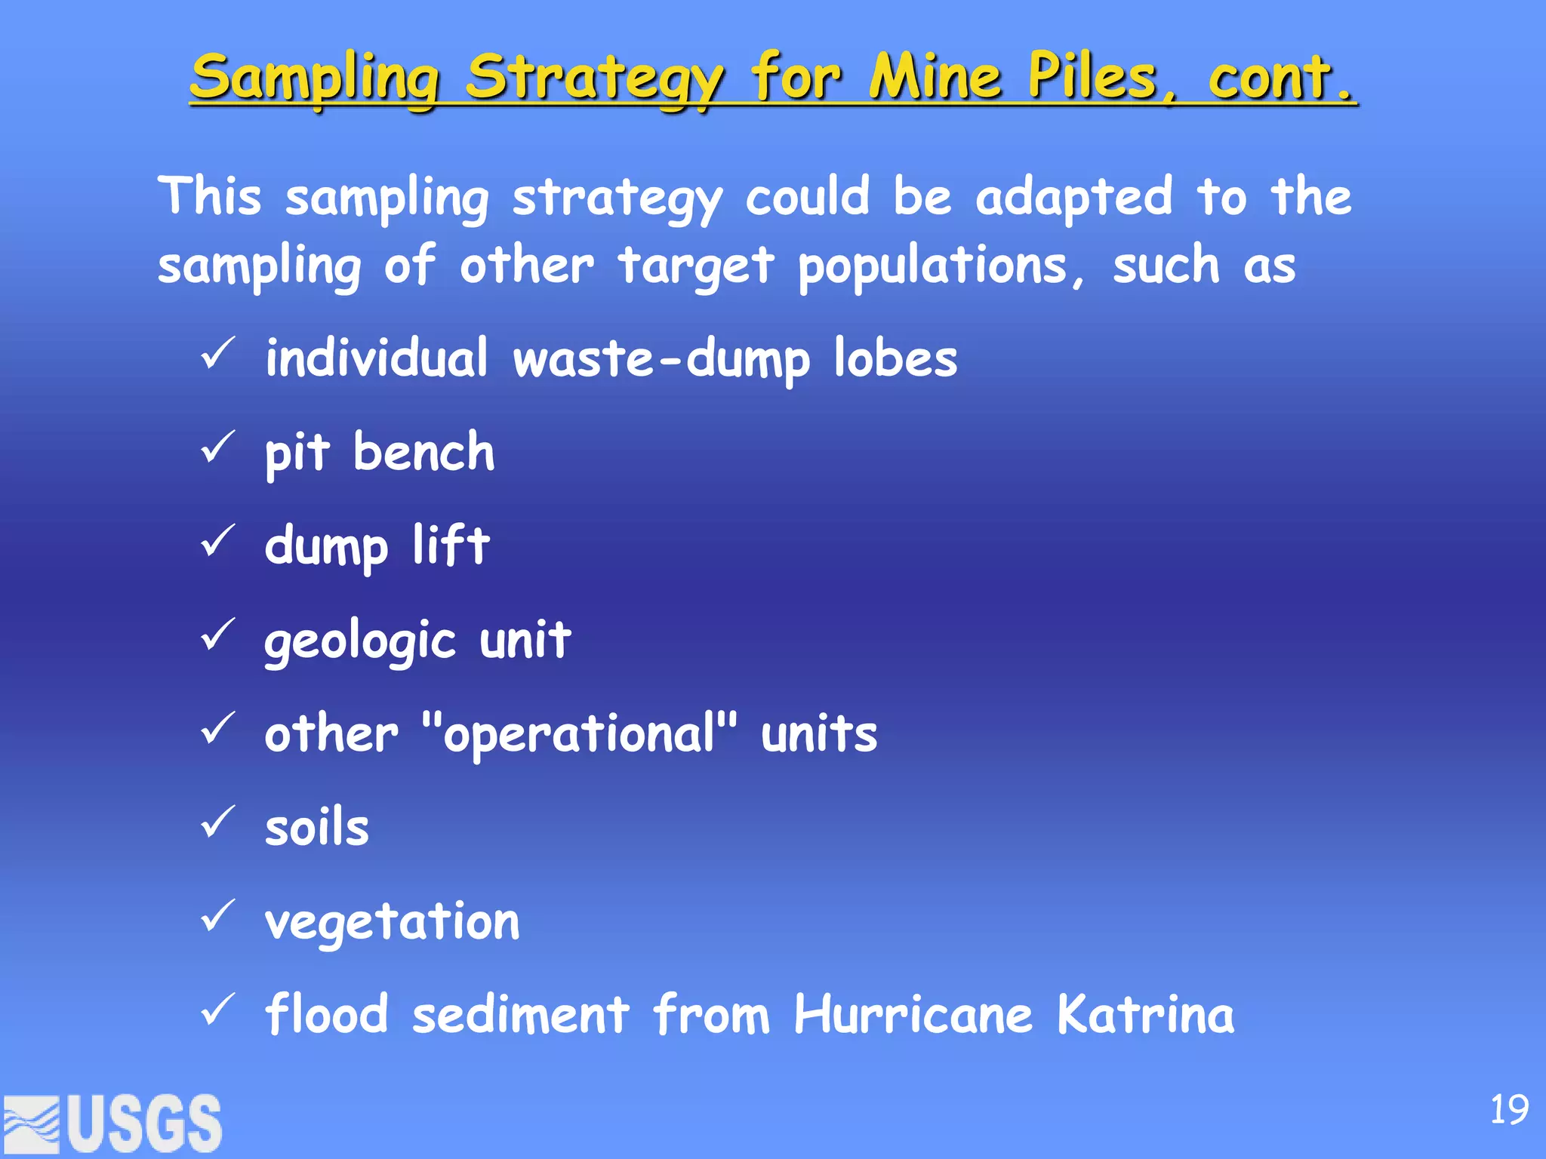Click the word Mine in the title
click(x=936, y=78)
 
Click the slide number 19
click(x=1509, y=1109)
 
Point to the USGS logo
click(x=113, y=1124)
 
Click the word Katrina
click(x=1146, y=1015)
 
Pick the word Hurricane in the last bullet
click(x=913, y=1015)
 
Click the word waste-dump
click(x=661, y=359)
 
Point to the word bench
click(x=424, y=453)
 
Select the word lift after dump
click(x=451, y=545)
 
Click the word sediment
click(x=521, y=1015)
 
